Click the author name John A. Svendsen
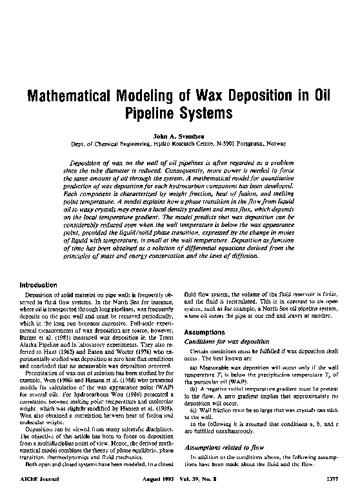180,136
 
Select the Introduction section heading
37,284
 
